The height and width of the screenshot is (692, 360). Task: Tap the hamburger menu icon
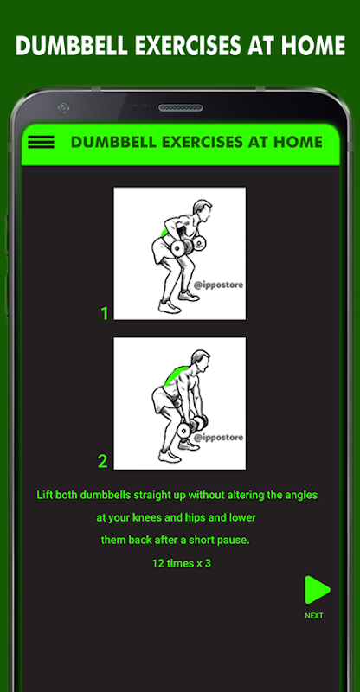click(x=41, y=142)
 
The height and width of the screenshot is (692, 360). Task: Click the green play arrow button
click(x=317, y=589)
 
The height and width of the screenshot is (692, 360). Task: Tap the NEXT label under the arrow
click(x=314, y=616)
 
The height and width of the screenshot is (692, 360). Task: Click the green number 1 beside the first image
click(x=104, y=313)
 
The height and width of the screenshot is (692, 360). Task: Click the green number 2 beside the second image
click(x=102, y=462)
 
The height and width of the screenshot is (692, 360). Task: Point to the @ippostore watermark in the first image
click(x=218, y=285)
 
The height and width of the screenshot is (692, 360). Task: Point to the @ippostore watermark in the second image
click(x=218, y=438)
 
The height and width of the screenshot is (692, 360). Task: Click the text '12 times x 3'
click(x=181, y=563)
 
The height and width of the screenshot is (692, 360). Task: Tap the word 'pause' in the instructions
click(x=235, y=540)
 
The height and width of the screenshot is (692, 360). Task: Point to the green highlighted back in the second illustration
click(x=176, y=375)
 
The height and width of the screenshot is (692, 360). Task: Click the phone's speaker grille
click(x=181, y=107)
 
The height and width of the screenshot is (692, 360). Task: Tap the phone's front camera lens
click(x=64, y=107)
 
